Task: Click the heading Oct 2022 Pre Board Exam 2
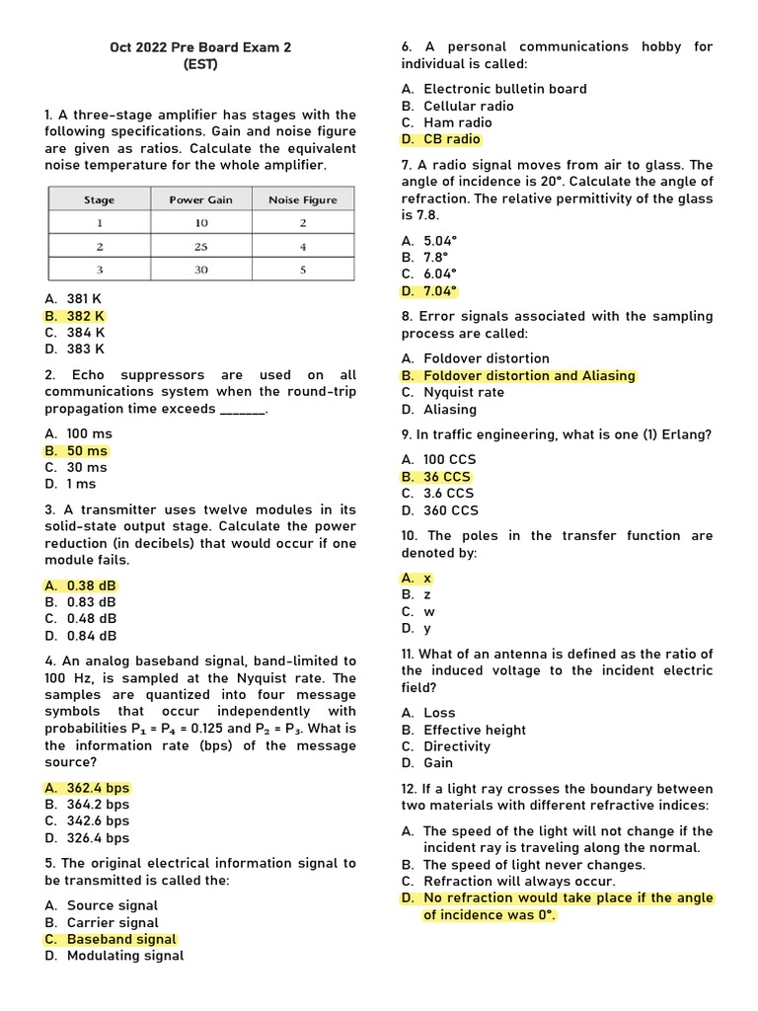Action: [x=200, y=47]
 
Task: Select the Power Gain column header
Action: [x=200, y=199]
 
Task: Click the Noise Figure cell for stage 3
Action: [x=302, y=269]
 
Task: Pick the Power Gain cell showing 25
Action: [x=201, y=246]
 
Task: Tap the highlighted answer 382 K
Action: [x=85, y=316]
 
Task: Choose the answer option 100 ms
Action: [x=89, y=433]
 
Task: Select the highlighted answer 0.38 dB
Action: [x=91, y=585]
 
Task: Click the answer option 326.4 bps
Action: [x=98, y=838]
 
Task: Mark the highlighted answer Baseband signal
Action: [x=121, y=939]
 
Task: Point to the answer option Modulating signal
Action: [x=124, y=956]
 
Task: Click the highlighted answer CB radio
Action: [x=451, y=139]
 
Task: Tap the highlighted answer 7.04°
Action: [x=440, y=291]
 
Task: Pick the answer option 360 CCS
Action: [x=451, y=510]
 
